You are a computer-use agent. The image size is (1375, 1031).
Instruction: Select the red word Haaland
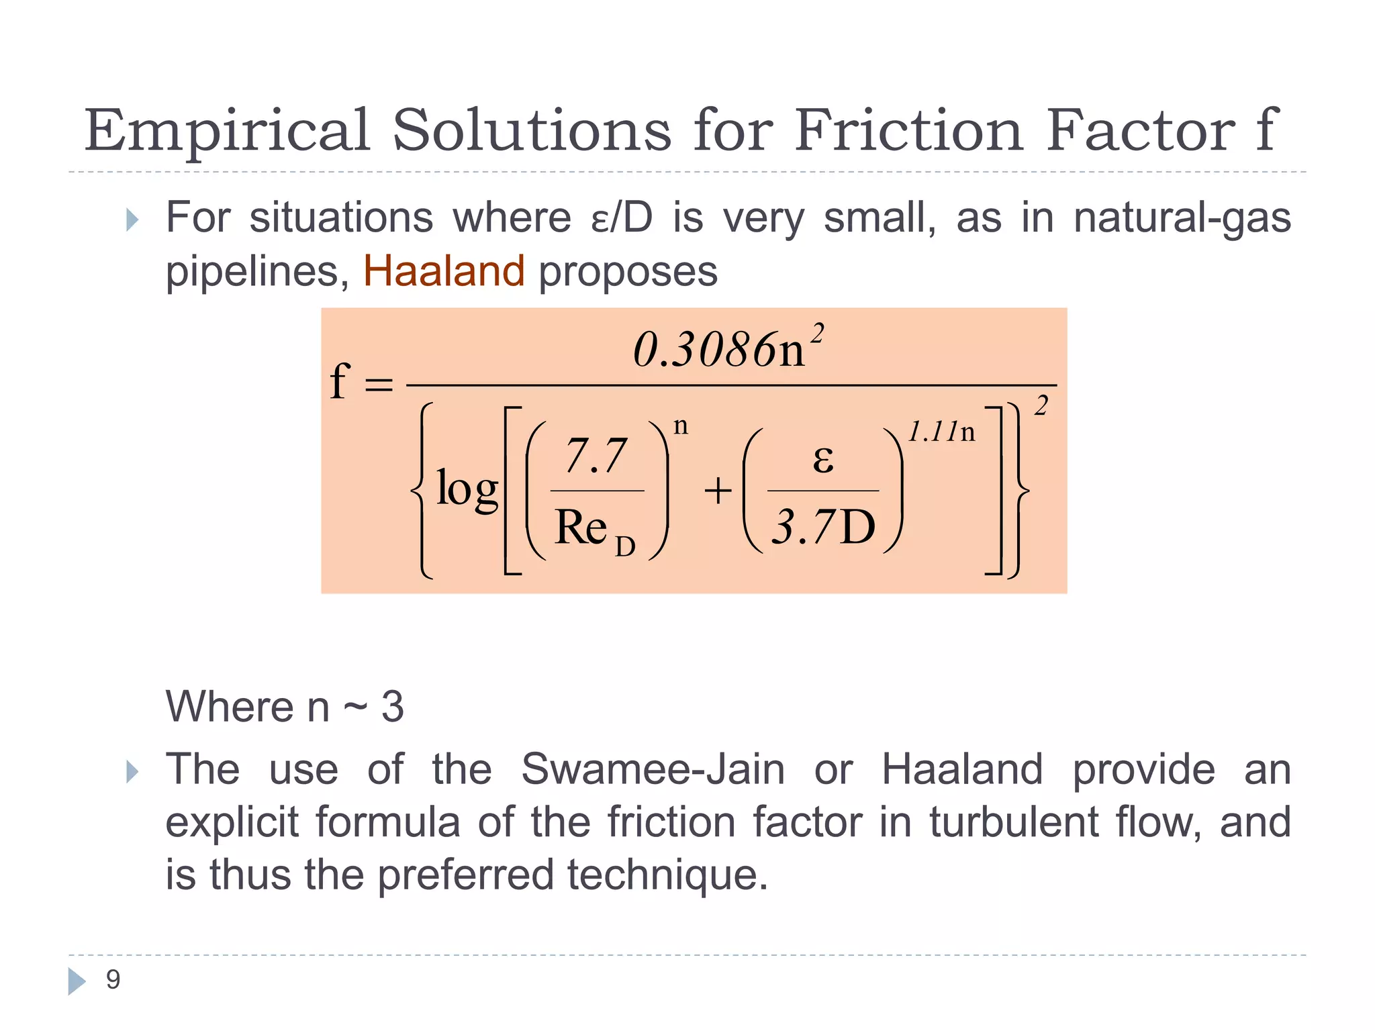click(x=444, y=271)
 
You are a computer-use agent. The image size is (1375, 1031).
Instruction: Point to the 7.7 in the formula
click(x=596, y=456)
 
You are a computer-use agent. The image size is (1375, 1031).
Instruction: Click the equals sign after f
click(x=378, y=385)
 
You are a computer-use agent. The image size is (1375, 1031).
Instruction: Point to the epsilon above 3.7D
click(x=823, y=460)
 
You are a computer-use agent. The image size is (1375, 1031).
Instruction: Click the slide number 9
click(x=113, y=980)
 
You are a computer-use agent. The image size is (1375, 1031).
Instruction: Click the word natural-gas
click(x=1182, y=218)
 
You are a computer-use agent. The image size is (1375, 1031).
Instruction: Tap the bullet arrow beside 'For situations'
click(x=132, y=219)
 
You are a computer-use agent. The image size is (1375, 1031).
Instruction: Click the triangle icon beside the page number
click(x=77, y=981)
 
